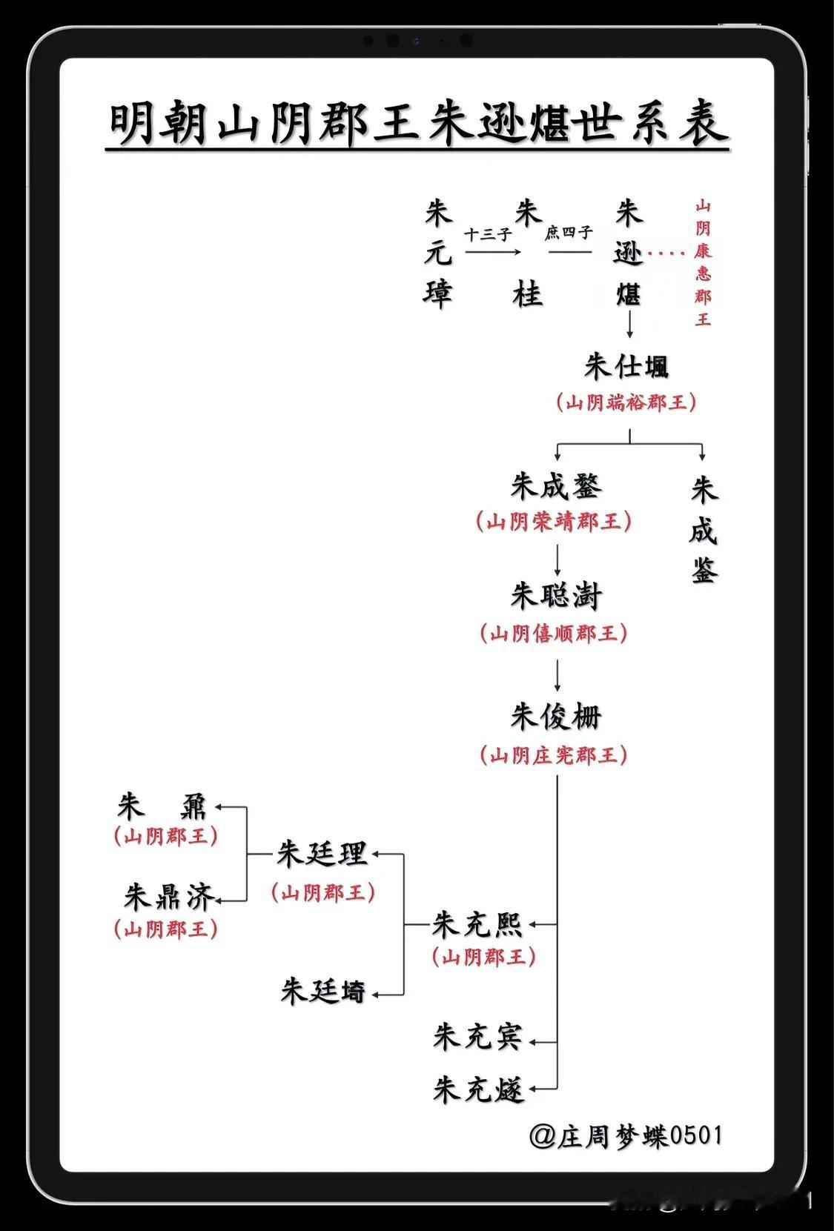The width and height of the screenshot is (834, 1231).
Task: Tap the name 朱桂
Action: (528, 254)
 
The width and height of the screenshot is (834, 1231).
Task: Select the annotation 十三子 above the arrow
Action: (489, 235)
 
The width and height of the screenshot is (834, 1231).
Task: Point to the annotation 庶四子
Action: (569, 233)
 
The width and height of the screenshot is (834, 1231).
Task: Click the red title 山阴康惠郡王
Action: (702, 263)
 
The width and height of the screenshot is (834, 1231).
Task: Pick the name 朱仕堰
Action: (626, 367)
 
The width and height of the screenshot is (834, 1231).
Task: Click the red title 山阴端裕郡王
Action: (626, 403)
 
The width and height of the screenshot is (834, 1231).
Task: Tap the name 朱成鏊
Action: (557, 486)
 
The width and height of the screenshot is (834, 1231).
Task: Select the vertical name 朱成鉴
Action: (704, 531)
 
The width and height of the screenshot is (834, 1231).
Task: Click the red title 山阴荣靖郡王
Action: (554, 522)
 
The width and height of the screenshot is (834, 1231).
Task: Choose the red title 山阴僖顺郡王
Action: (554, 634)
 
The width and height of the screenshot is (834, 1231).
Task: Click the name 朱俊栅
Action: (556, 717)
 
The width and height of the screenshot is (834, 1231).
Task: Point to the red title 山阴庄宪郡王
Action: (554, 755)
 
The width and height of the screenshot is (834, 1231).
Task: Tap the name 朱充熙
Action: (478, 924)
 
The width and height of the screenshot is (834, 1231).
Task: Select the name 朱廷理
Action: (322, 854)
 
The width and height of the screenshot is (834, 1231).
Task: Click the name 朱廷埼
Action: (323, 991)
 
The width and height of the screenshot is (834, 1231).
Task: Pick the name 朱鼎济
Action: (170, 897)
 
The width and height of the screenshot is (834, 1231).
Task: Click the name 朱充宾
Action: (478, 1036)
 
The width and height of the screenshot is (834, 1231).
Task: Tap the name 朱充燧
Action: (478, 1089)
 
